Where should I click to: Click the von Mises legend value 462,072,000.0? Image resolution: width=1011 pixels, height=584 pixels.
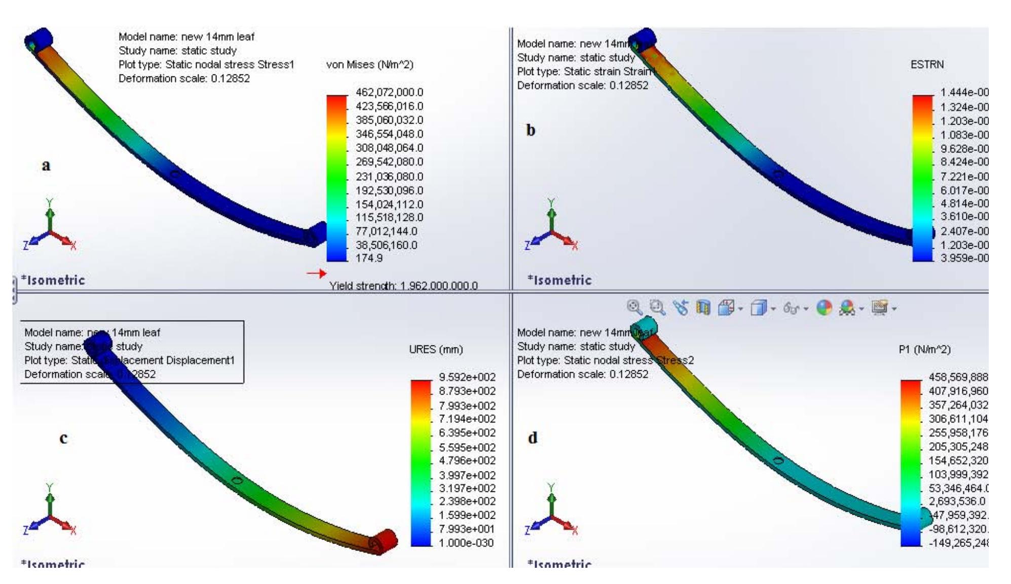pos(389,92)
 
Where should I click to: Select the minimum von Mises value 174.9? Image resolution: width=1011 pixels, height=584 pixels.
pos(369,258)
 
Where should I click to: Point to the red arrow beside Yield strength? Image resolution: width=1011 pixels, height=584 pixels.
pos(317,274)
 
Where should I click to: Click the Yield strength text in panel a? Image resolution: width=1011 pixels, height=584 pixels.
pos(403,286)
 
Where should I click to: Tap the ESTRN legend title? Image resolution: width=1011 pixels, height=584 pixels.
pos(927,64)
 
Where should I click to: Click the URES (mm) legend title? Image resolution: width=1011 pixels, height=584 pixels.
pos(436,349)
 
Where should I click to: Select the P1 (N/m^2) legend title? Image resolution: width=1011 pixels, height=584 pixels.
pos(924,349)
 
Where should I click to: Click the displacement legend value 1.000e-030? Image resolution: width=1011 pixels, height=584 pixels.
pos(466,542)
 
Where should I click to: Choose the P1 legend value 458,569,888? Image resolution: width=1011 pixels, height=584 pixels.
pos(958,377)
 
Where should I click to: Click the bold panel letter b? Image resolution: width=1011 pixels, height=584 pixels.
pos(531,130)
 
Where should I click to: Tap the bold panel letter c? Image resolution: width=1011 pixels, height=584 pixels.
pos(63,438)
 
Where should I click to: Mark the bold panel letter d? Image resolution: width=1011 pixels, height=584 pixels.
pos(533,438)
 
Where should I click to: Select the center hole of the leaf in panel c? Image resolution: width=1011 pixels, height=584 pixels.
pos(236,480)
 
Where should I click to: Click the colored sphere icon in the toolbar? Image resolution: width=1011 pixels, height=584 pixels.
pos(825,307)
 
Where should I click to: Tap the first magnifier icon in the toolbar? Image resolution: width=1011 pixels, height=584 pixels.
pos(634,307)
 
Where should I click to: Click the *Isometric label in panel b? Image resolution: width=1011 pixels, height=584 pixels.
pos(559,280)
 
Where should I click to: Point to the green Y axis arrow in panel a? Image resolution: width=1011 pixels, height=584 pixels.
pos(50,213)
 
